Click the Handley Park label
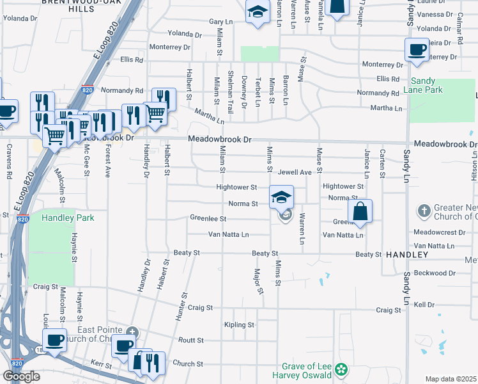[68, 218]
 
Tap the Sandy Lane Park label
[427, 85]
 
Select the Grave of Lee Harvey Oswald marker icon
[342, 369]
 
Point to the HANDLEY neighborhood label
[407, 255]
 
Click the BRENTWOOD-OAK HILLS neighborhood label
[70, 6]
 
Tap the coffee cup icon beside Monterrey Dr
[417, 51]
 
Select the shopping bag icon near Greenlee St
[360, 211]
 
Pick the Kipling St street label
[240, 325]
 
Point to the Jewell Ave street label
[294, 172]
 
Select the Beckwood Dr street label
[435, 273]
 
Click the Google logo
[21, 376]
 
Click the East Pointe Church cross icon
[132, 332]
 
